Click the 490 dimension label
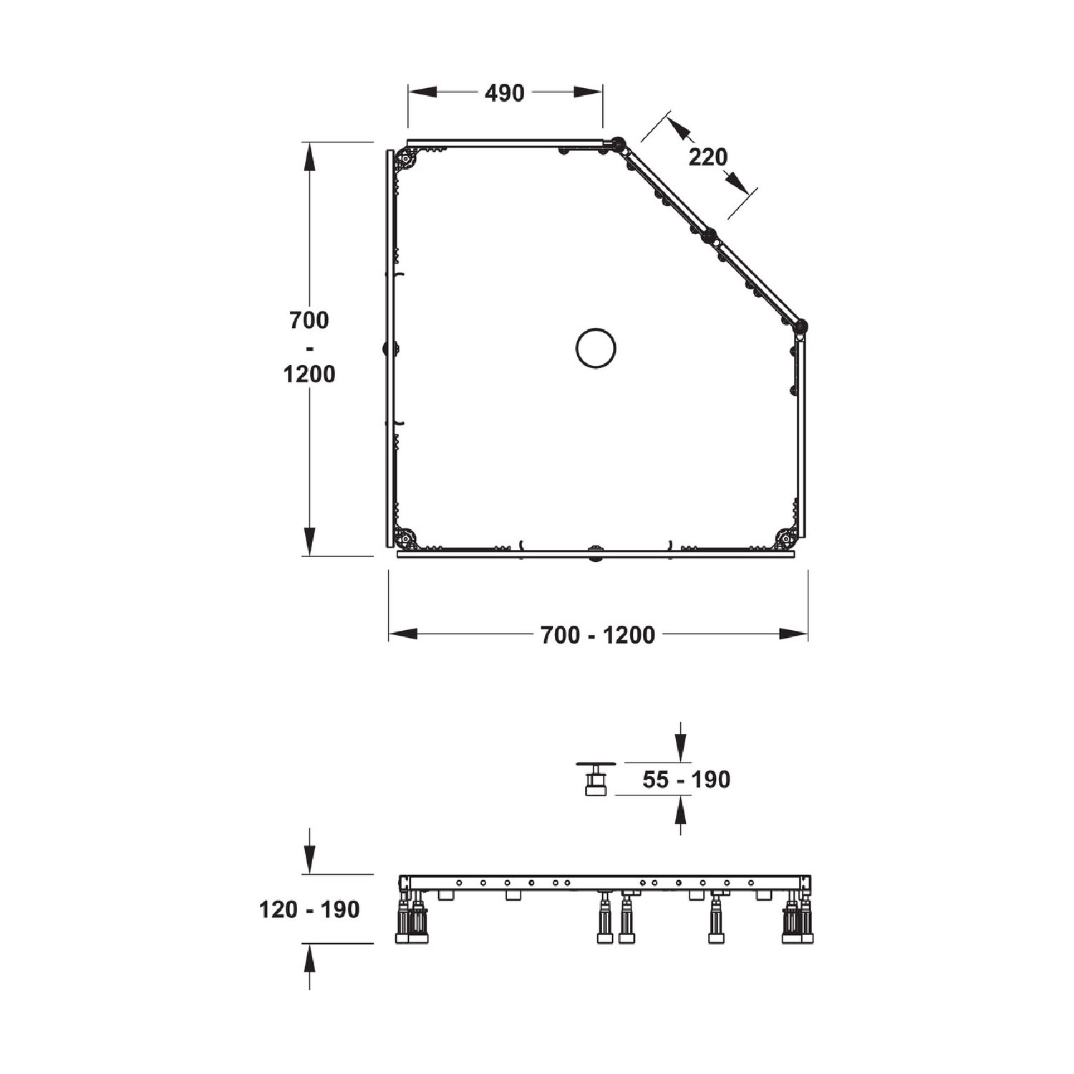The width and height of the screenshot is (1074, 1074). click(505, 93)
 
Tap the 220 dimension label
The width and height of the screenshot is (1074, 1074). click(708, 157)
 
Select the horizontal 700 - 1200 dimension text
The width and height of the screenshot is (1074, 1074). click(598, 635)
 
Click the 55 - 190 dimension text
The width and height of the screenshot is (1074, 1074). click(686, 779)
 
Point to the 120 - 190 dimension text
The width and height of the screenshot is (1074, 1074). click(309, 909)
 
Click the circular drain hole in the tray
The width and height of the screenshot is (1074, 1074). click(596, 347)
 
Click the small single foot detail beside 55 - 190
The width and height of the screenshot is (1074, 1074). click(594, 778)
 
